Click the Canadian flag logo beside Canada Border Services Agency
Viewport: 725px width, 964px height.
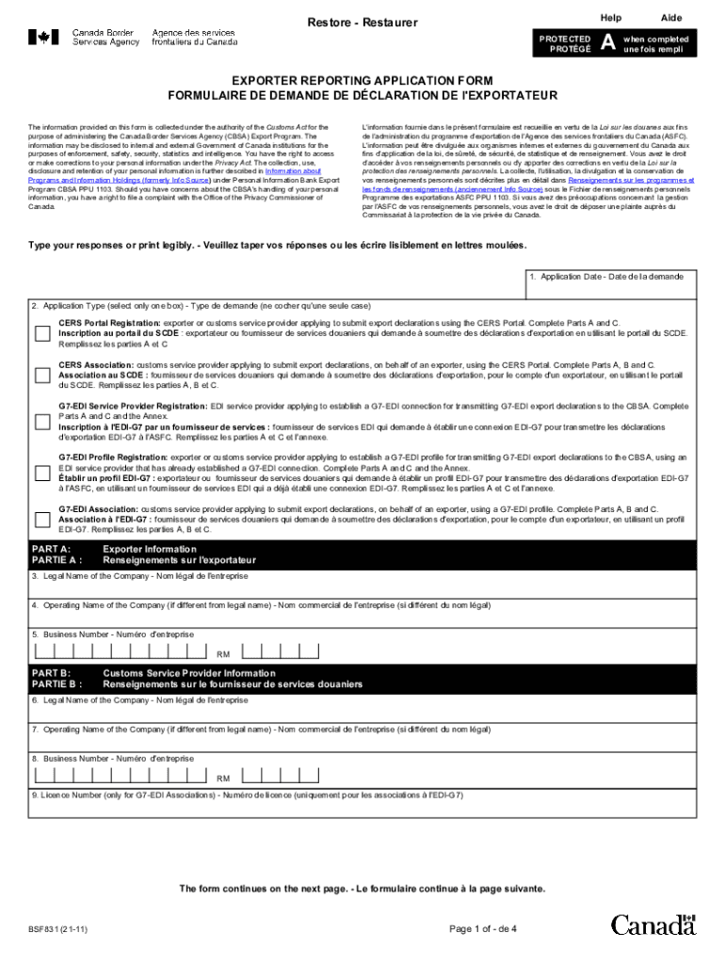click(x=42, y=38)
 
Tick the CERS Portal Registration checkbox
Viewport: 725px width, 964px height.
click(x=42, y=333)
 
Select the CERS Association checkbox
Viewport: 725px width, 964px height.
click(x=42, y=376)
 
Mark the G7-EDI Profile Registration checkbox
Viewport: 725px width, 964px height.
click(x=42, y=473)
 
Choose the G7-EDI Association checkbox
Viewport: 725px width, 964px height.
click(x=42, y=519)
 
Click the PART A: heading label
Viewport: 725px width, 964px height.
click(x=52, y=548)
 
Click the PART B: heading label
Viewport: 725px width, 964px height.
click(x=52, y=673)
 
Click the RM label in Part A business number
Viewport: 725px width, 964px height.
click(x=223, y=653)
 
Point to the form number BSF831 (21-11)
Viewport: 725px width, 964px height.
click(x=58, y=929)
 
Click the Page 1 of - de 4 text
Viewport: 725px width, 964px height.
click(x=482, y=929)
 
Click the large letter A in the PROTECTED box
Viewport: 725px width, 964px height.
click(x=608, y=44)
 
